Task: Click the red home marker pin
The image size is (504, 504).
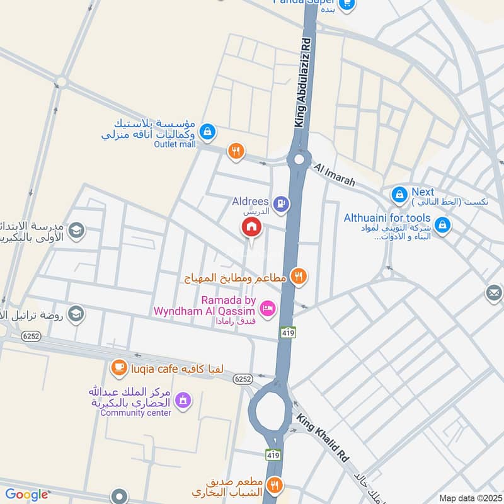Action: pos(251,227)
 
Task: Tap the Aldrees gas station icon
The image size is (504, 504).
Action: pos(282,203)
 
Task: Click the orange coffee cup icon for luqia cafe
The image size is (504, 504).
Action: pos(118,367)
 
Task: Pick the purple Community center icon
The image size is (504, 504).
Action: pos(183,400)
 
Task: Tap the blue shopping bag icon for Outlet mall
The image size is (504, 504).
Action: pos(206,132)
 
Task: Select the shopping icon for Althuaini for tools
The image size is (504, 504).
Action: pos(442,224)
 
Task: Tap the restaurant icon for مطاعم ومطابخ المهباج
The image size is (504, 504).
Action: pos(299,276)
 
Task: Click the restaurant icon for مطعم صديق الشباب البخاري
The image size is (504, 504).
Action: pos(274,485)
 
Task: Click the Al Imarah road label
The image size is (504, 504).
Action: pos(334,175)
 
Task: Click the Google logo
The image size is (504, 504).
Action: pos(26,495)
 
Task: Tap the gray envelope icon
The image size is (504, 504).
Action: pos(493,293)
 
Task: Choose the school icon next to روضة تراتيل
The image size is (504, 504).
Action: pos(76,313)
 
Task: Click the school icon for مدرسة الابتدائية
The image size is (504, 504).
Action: pos(76,230)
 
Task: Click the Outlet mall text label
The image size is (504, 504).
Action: pos(175,144)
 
